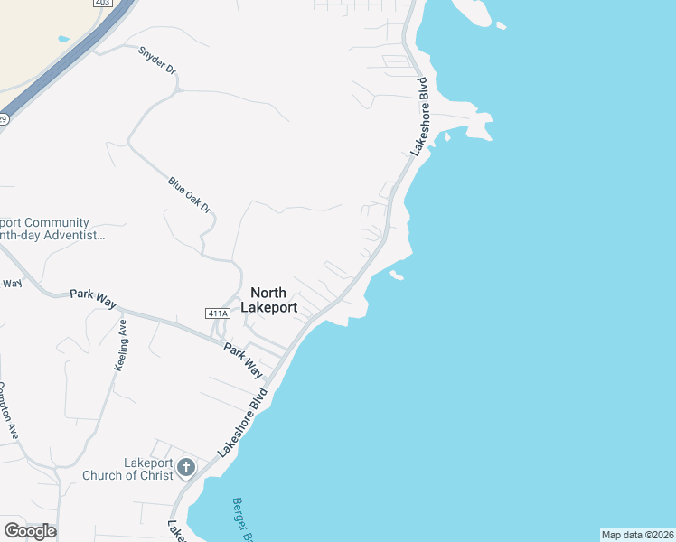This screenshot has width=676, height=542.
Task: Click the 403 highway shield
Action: point(102,4)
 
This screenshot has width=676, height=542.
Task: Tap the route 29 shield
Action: point(4,118)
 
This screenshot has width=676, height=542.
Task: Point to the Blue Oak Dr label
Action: point(189,194)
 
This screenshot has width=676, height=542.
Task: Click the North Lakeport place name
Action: point(268,300)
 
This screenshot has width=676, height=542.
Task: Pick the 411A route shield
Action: point(217,313)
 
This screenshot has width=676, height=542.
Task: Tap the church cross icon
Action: point(186,467)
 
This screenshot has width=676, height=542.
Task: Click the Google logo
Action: point(30,531)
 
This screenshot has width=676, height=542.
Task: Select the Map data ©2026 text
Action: point(637,535)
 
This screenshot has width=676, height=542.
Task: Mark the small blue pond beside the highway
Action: point(63,40)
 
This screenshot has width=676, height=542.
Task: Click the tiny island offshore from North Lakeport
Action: point(396,275)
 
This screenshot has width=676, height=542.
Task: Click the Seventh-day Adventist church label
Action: point(50,229)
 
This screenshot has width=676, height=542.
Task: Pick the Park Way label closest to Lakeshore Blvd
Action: point(244,360)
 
